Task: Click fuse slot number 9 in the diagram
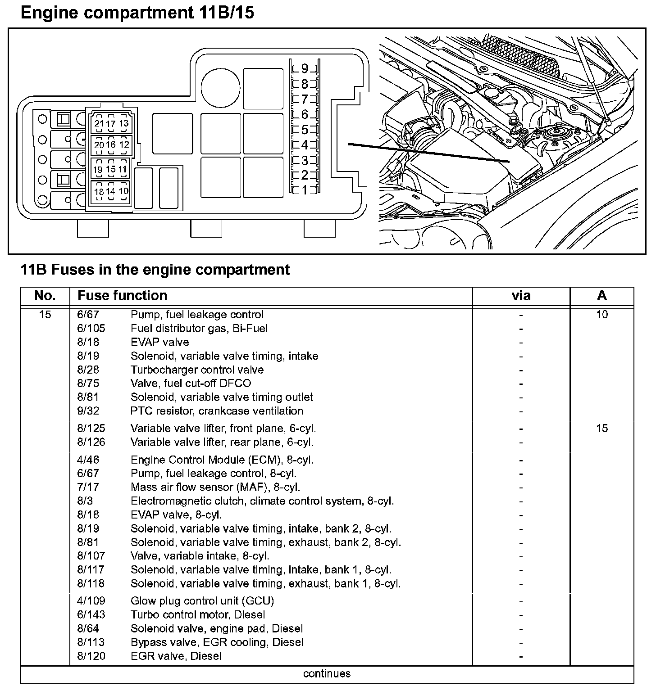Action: (x=305, y=69)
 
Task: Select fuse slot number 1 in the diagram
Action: (x=305, y=190)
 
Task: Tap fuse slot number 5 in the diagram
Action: (x=305, y=130)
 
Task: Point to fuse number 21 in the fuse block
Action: (x=99, y=124)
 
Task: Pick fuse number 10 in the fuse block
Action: (x=123, y=191)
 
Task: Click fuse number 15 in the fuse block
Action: (x=111, y=170)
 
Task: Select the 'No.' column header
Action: (x=45, y=296)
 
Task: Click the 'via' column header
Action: (x=521, y=296)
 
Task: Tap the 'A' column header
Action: (x=601, y=296)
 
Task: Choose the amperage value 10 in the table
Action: (x=602, y=315)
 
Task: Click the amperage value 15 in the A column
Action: (x=602, y=428)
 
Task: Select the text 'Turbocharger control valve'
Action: (x=197, y=370)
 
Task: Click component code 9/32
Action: (x=88, y=411)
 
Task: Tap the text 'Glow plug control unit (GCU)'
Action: (x=202, y=601)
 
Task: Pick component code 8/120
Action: (x=91, y=656)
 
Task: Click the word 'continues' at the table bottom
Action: (x=327, y=674)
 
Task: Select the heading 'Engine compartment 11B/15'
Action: (x=137, y=13)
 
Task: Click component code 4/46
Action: (x=88, y=460)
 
